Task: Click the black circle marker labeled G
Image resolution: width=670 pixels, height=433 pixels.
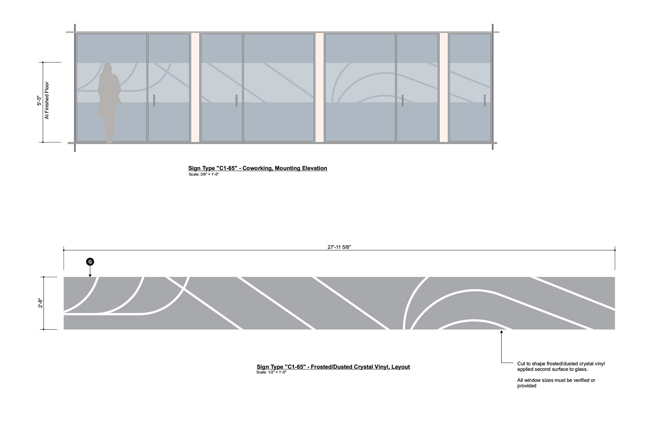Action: coord(90,262)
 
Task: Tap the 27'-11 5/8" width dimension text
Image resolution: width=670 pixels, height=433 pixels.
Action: coord(339,247)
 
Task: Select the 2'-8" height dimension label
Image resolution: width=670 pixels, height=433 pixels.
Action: coord(40,303)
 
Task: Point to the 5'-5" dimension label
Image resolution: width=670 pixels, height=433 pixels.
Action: coord(39,101)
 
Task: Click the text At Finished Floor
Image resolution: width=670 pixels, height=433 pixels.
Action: coord(47,101)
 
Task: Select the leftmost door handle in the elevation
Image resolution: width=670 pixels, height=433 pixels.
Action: coord(154,100)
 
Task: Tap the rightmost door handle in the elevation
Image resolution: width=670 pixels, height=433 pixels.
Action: coord(485,100)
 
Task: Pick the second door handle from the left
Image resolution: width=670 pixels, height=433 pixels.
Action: coord(236,100)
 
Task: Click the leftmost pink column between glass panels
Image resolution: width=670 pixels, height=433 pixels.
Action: coord(195,87)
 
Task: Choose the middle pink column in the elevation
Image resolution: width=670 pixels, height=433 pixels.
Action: coord(319,87)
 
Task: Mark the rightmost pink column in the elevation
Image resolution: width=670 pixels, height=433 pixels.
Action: coord(444,87)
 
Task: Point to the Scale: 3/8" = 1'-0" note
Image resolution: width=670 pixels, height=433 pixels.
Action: coord(203,174)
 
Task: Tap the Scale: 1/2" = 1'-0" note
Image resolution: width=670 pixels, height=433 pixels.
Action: coord(271,372)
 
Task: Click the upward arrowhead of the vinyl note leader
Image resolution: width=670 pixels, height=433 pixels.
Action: coord(501,332)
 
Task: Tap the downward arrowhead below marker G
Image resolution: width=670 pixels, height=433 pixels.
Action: coord(90,275)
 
